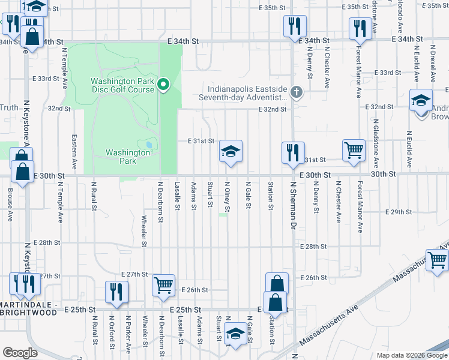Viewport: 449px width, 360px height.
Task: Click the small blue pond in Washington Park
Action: (x=148, y=145)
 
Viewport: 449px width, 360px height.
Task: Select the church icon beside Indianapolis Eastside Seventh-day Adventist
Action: (x=295, y=92)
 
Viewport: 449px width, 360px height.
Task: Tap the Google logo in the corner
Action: (x=20, y=353)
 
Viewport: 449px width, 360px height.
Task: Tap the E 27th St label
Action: (x=134, y=274)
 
